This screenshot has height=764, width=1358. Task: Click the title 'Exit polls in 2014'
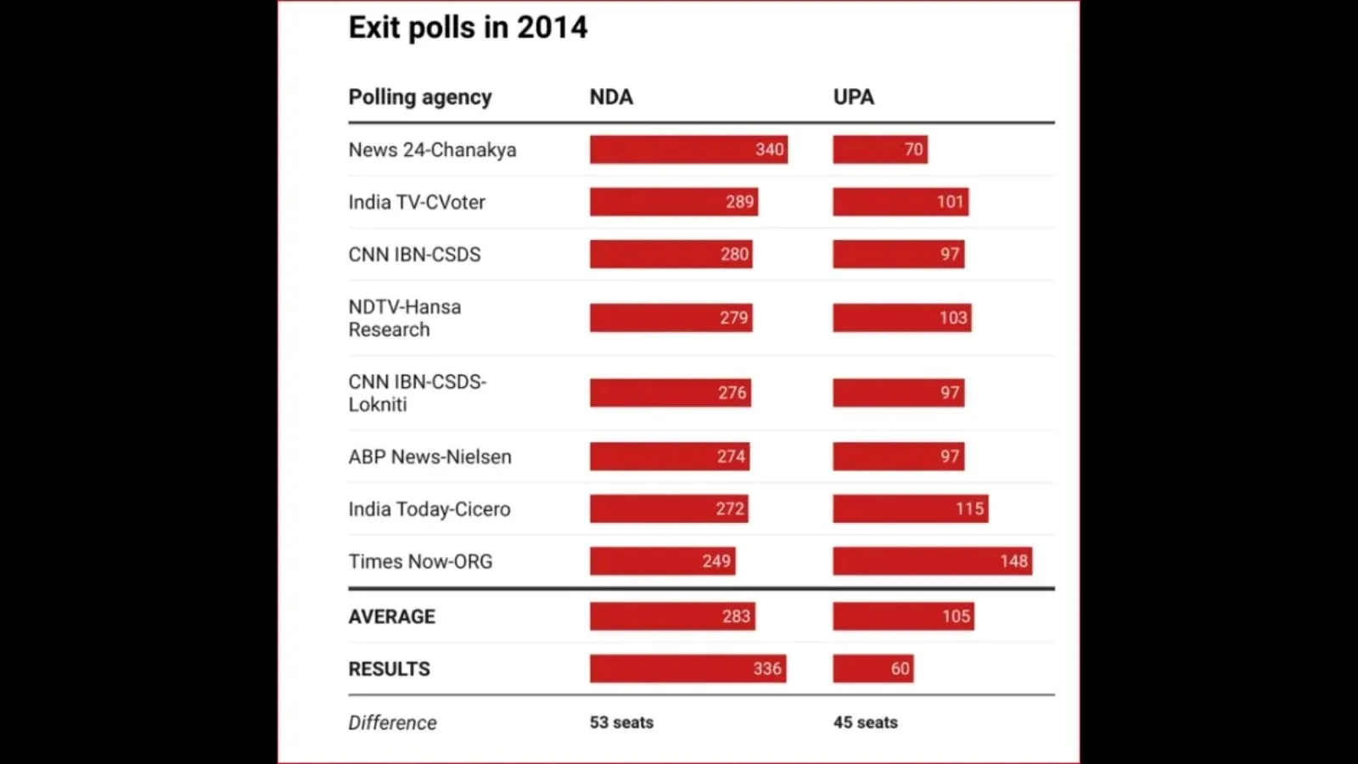click(468, 28)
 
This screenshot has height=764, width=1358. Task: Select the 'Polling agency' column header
click(420, 97)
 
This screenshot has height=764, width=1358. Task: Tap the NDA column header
click(611, 97)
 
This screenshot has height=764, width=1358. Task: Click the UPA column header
click(853, 97)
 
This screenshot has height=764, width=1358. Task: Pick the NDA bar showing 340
click(688, 149)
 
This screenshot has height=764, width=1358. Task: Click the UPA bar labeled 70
click(879, 149)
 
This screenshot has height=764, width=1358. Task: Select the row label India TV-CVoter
click(417, 202)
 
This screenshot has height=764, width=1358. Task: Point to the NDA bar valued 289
click(674, 202)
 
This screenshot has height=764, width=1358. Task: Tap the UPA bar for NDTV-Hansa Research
click(901, 317)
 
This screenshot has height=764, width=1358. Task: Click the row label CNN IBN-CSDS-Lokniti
click(417, 393)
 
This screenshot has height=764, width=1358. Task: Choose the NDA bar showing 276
click(670, 393)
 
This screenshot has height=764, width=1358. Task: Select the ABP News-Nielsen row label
click(429, 457)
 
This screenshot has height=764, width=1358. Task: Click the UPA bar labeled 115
click(910, 509)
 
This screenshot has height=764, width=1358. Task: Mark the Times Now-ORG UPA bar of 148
click(932, 561)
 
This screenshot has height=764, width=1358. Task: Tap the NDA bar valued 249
click(662, 561)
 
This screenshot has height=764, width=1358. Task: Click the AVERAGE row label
click(391, 617)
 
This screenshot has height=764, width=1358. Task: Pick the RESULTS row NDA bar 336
click(687, 669)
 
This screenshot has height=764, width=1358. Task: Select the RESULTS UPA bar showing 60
click(873, 669)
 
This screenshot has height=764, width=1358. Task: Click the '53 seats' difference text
click(621, 722)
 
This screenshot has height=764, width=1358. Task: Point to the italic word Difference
click(392, 722)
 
